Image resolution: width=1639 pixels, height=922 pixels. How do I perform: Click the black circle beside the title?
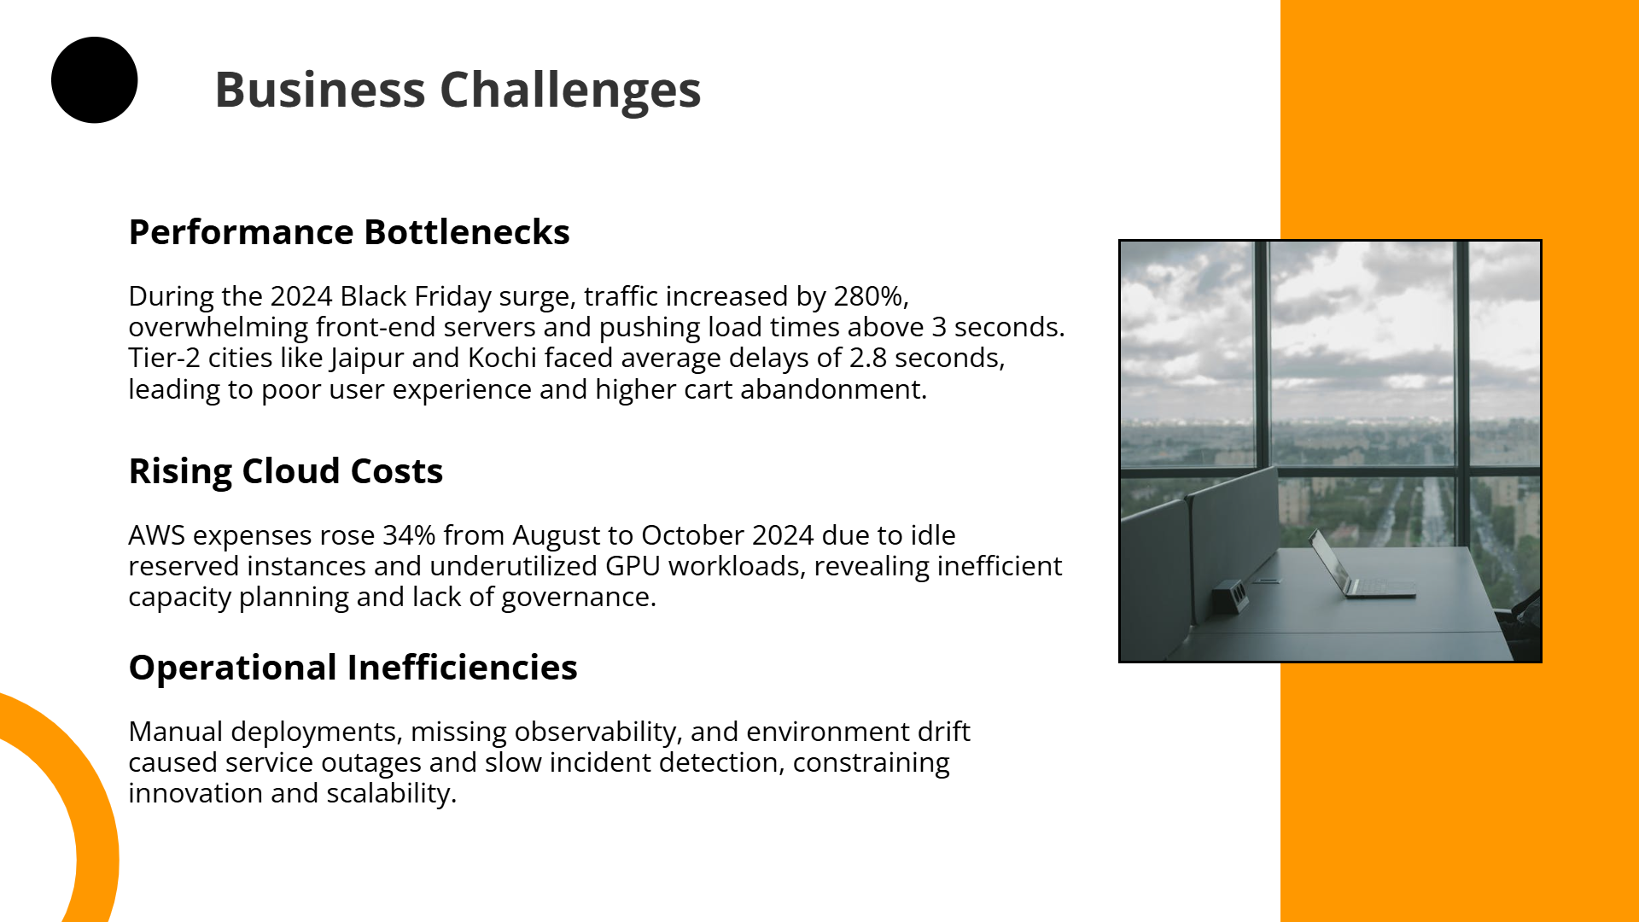[94, 80]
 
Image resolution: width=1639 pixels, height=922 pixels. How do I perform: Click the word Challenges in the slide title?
[569, 90]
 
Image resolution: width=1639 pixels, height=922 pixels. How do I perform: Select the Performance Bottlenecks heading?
[348, 232]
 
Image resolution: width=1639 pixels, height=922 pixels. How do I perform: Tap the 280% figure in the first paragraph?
[868, 296]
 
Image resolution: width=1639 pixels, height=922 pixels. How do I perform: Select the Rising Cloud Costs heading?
[285, 471]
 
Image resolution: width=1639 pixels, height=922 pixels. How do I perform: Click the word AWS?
[157, 535]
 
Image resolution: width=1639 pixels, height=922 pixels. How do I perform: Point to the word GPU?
[633, 566]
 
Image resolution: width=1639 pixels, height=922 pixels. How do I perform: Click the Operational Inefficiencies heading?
[353, 668]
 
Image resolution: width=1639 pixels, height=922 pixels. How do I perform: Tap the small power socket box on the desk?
[1229, 592]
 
